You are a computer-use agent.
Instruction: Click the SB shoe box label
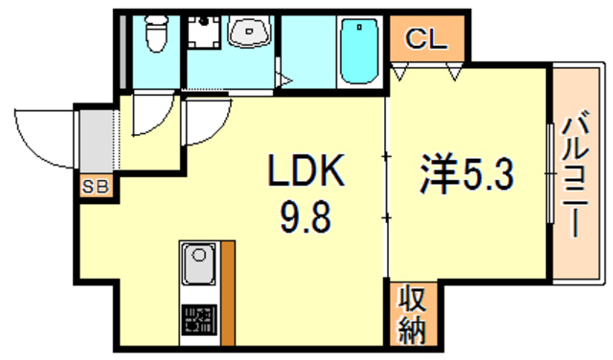pos(96,186)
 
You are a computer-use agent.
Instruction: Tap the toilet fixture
pos(153,36)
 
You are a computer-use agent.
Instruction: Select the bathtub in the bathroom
pos(361,53)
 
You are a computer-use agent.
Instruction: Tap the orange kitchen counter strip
pos(228,292)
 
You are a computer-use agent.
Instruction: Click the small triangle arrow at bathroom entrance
pos(283,80)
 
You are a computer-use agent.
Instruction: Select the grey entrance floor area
pos(96,139)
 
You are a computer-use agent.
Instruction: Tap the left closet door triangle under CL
pos(401,71)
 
